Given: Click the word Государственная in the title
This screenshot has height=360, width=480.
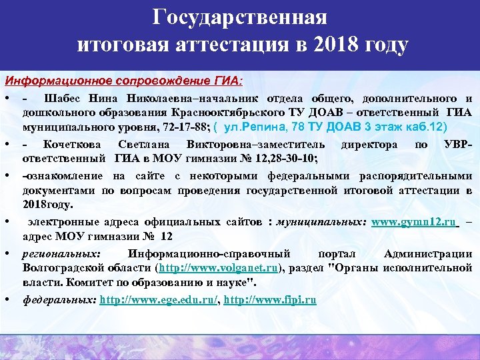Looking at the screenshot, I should tap(239, 17).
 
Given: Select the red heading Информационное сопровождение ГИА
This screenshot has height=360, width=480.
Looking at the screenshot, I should tap(124, 82).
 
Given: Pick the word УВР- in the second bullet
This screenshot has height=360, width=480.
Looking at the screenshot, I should tap(458, 145).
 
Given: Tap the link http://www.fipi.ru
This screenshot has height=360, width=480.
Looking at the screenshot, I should tap(270, 300).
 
